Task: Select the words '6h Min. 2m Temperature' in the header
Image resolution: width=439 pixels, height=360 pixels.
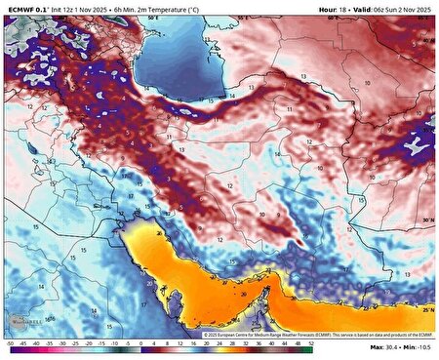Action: point(168,9)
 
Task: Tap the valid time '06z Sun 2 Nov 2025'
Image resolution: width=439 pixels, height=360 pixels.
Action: point(399,9)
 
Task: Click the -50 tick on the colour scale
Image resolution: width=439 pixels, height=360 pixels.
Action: point(8,344)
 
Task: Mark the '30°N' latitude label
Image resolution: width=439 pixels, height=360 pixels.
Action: point(428,221)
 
